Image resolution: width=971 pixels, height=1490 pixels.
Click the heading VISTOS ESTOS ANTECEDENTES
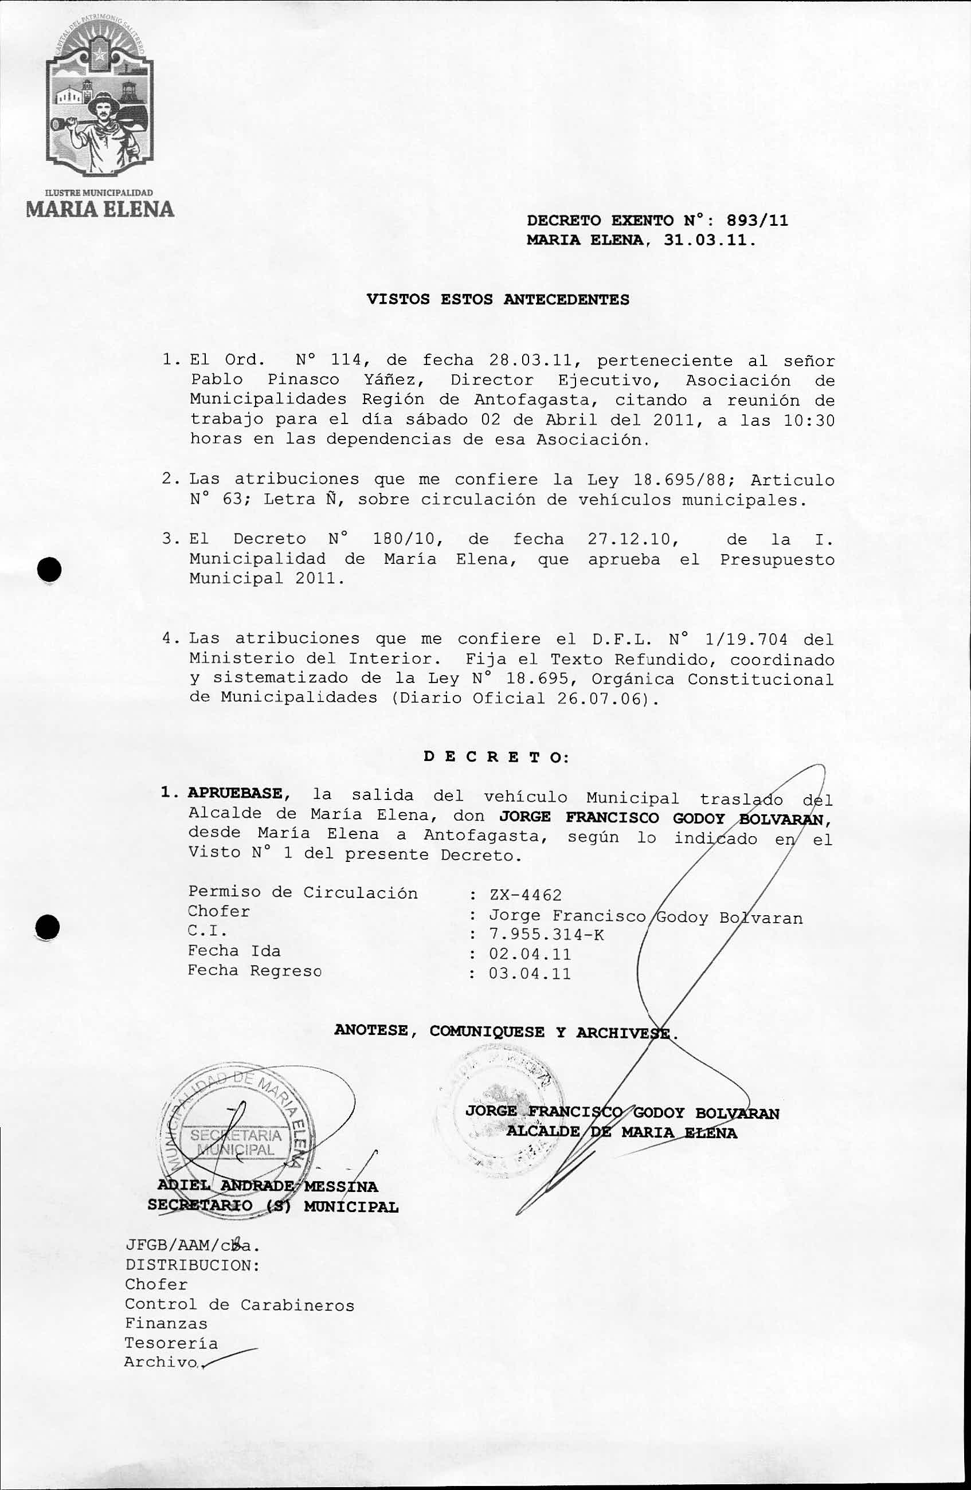pos(498,299)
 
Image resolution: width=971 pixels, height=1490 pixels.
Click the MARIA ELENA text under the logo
pos(100,209)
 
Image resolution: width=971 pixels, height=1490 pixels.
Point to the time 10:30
pos(809,420)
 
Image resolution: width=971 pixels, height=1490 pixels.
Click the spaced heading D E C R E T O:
pos(496,756)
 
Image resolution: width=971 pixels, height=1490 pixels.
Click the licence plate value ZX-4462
pos(525,895)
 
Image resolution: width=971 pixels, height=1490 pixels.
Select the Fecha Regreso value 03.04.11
pos(530,974)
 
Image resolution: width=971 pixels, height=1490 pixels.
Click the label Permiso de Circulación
pos(303,893)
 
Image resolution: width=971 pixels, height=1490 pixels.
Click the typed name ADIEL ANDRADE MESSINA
pos(268,1186)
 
